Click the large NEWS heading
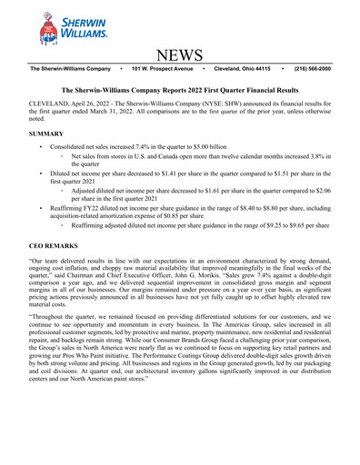[180, 57]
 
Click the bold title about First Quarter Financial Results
[180, 91]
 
